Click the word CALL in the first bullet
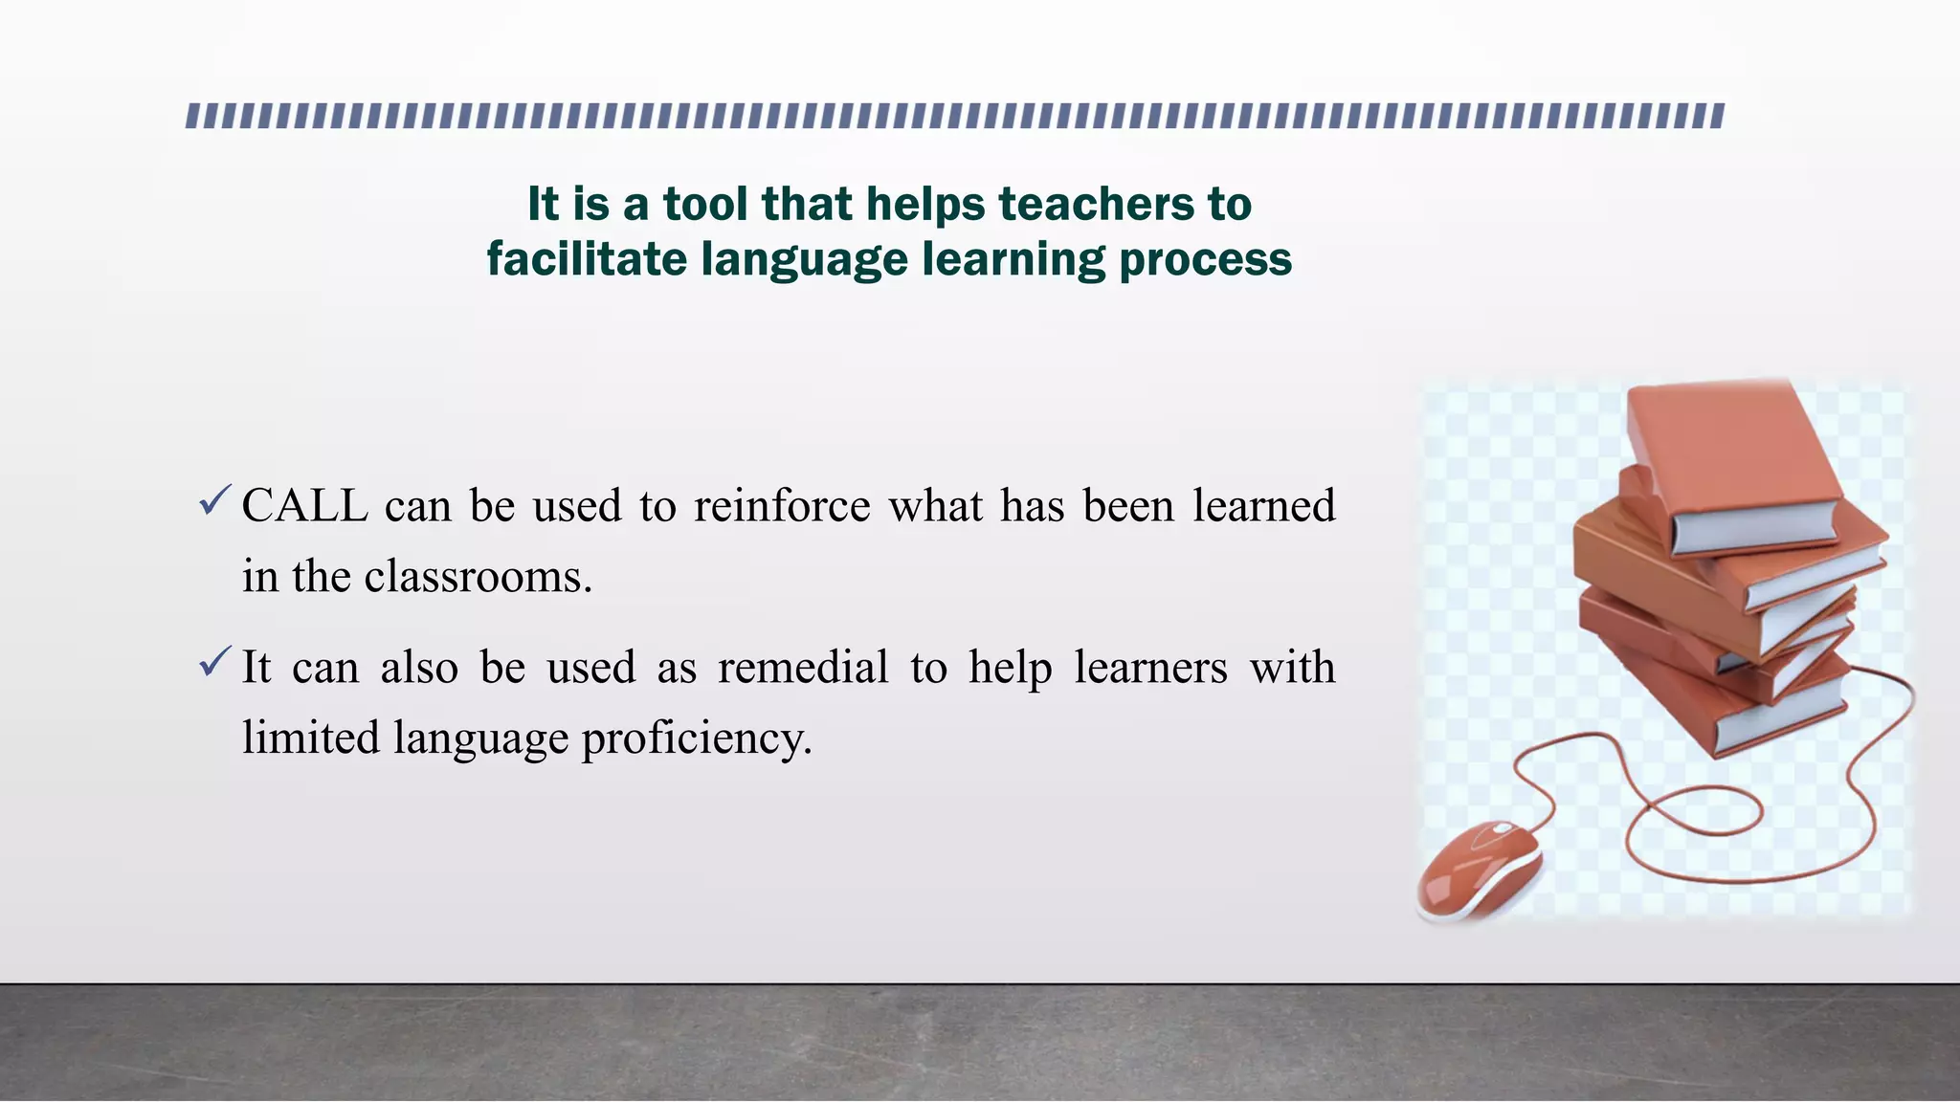[304, 506]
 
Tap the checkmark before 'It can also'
[214, 661]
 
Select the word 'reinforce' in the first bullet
[782, 506]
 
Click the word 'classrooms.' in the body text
[479, 577]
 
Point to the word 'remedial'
[803, 667]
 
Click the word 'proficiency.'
[697, 738]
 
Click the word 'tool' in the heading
[704, 204]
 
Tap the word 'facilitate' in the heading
[587, 259]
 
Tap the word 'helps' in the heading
[924, 204]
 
